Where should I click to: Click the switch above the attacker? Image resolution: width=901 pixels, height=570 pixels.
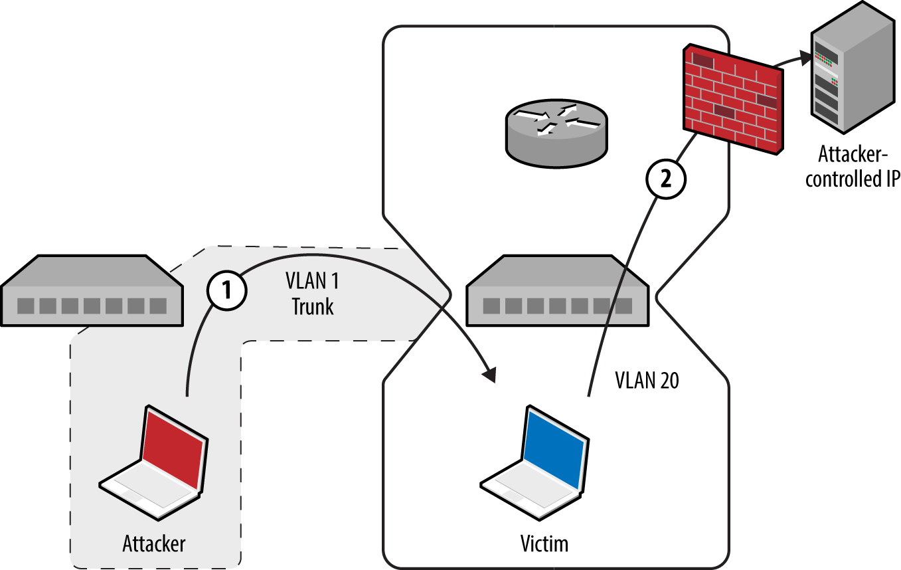(92, 292)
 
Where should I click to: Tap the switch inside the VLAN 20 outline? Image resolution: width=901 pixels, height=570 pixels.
(557, 292)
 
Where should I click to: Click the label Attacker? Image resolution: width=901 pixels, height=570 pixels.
(154, 543)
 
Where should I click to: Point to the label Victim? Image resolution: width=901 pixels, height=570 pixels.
(544, 543)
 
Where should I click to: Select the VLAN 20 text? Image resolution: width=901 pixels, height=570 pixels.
(647, 381)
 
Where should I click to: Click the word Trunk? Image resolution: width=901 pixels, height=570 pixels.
(312, 307)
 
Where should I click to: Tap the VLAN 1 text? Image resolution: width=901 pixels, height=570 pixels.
(312, 282)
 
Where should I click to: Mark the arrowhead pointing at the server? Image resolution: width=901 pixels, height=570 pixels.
(805, 57)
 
